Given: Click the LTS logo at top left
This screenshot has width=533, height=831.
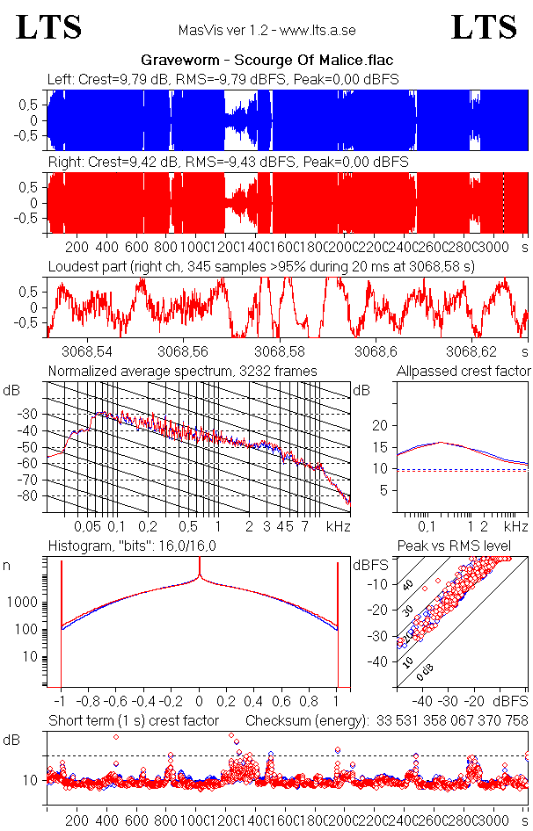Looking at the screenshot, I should pos(49,27).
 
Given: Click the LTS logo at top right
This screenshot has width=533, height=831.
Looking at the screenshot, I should pos(484,27).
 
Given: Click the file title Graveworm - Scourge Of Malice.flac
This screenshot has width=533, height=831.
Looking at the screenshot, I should pos(266,60).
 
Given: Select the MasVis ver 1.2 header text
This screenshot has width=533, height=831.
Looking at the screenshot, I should pos(266,30).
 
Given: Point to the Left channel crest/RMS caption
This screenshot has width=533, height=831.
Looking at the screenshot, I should pos(223,79).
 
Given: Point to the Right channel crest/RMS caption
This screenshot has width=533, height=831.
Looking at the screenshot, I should pos(227,163).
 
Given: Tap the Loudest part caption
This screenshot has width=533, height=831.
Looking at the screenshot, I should pos(261,265).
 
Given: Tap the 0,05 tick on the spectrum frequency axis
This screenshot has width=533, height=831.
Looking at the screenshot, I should pos(87,526).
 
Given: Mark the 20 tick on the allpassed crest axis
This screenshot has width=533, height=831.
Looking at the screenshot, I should pos(380,425).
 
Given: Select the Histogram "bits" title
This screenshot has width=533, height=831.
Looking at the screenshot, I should pos(132,546).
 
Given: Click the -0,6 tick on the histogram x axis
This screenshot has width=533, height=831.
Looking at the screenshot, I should pos(118,702).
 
